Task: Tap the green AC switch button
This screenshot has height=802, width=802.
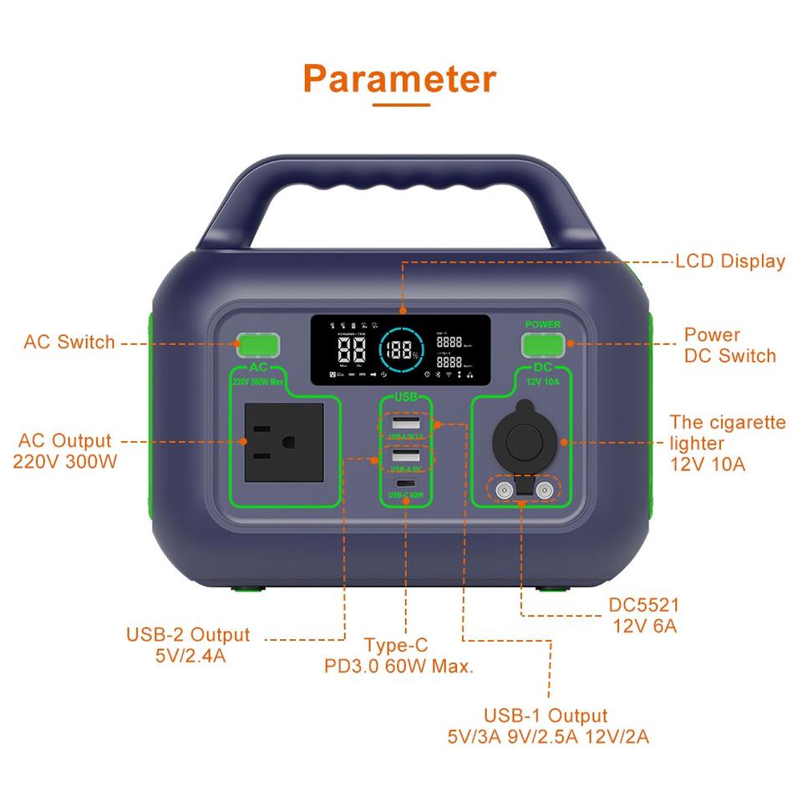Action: pos(256,344)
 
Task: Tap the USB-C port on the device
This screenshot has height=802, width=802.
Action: pos(405,485)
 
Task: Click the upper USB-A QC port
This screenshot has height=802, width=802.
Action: pos(405,423)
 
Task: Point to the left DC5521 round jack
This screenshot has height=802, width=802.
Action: pos(504,490)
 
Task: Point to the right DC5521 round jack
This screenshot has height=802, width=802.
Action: pos(545,490)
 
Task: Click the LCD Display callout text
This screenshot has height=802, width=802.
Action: pos(730,261)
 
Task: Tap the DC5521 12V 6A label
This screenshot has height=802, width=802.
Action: pos(643,615)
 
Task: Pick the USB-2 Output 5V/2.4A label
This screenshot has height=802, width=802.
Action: pos(189,645)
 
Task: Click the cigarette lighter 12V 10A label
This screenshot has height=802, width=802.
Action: pos(726,443)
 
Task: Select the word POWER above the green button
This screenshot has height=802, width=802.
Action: pos(543,324)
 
